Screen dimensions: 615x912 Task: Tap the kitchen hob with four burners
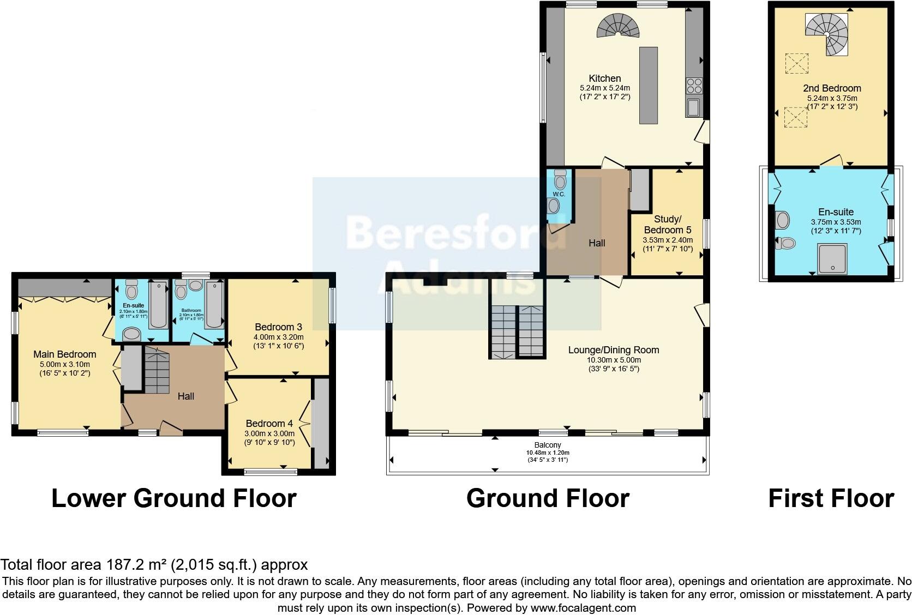[694, 86]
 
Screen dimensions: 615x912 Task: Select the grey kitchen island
[649, 86]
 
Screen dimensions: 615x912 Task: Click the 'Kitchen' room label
[604, 79]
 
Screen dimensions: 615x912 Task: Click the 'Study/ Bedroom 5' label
[668, 225]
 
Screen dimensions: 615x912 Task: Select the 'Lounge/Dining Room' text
[614, 350]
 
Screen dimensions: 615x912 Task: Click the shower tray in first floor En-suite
[832, 258]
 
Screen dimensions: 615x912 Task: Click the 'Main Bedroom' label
[64, 354]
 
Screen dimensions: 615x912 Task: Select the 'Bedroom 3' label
[278, 327]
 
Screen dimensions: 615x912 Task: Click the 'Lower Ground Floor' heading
[173, 498]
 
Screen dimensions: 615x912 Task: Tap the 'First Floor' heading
[831, 498]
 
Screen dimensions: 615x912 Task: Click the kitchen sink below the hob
[694, 107]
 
